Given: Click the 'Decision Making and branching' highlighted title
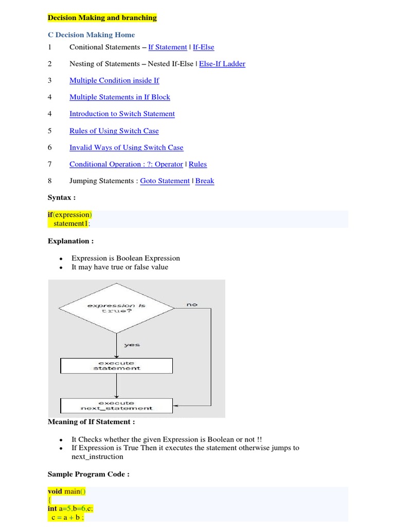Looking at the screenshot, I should point(102,18).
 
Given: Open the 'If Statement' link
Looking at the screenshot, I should point(167,47).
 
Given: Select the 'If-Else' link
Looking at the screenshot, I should point(203,47).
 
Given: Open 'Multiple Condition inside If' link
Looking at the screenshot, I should point(114,80).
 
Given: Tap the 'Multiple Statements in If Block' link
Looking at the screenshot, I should point(119,97).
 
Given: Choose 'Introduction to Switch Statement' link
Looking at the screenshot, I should point(122,114).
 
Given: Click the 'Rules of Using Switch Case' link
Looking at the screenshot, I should point(114,131).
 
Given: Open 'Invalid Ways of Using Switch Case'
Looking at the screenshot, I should point(126,148).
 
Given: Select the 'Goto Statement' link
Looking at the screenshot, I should point(165,181).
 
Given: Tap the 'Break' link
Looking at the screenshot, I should point(205,181).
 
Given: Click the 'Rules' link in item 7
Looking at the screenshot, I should point(197,164).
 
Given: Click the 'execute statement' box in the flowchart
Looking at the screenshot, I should point(117,365).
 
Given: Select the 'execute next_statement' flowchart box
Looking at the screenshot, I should point(117,406).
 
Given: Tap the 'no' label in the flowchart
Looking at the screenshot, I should point(192,305).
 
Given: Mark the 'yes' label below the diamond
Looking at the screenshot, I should point(132,345).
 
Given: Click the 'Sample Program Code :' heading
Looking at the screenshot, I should point(88,474).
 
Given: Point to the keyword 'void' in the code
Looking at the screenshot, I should point(55,491).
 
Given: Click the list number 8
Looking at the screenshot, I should point(50,181).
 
